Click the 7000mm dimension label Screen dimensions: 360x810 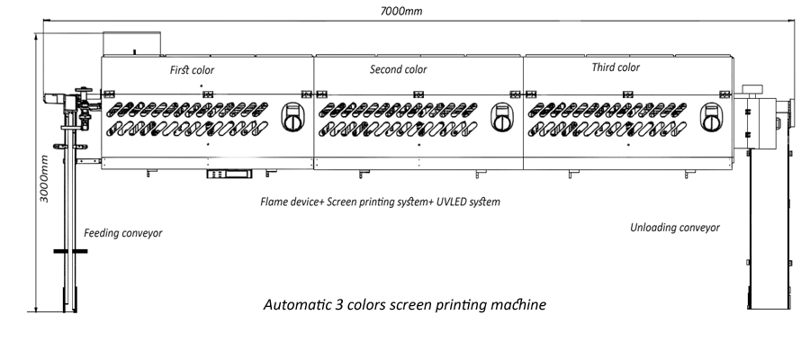tap(402, 11)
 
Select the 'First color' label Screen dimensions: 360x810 tap(193, 69)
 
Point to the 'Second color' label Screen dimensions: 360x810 tap(398, 69)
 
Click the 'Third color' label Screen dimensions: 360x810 tap(616, 67)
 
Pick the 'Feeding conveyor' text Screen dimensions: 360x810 tap(123, 232)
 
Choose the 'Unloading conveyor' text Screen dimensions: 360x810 tap(675, 228)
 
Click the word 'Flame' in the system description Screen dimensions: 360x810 tap(275, 202)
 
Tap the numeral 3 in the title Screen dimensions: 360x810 tap(346, 305)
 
